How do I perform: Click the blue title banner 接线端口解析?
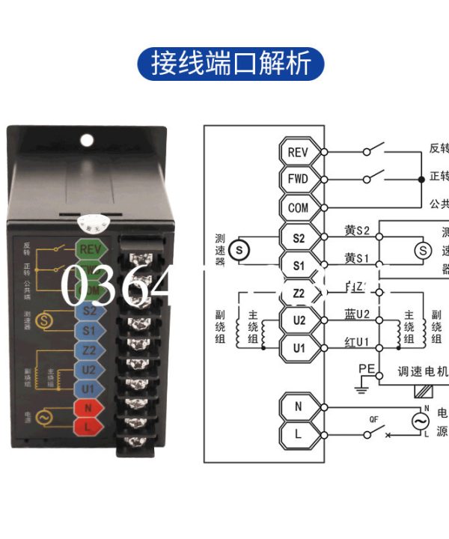click(x=231, y=64)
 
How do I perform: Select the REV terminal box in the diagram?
click(x=298, y=152)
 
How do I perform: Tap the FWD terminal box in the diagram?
click(x=298, y=180)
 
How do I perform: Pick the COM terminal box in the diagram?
click(x=298, y=207)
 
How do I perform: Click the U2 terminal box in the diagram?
click(x=298, y=320)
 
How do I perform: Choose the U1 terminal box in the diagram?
click(x=298, y=348)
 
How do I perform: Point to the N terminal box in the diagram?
click(x=298, y=406)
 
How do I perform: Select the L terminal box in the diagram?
click(x=298, y=434)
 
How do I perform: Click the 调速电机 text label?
click(x=421, y=372)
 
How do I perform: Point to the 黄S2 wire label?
click(x=357, y=231)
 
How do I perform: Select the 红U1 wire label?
click(x=357, y=341)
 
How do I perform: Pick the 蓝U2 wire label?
click(x=357, y=314)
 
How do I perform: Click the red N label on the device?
click(x=89, y=408)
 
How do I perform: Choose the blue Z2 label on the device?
click(x=89, y=350)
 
